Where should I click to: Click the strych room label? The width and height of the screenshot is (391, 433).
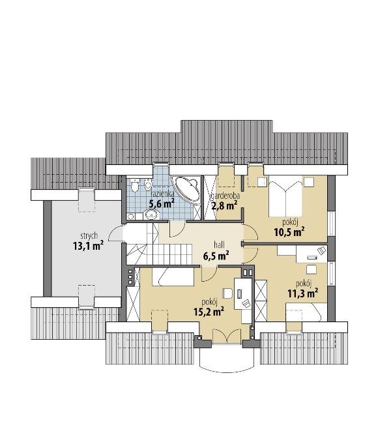point(89,236)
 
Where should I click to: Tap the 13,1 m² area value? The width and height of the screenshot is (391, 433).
point(88,245)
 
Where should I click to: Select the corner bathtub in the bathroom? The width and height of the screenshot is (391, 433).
point(186,189)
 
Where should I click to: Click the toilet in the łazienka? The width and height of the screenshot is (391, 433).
point(135,186)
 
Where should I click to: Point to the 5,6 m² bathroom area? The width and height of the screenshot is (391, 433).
point(162,203)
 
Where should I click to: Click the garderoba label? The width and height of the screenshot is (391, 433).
point(225,196)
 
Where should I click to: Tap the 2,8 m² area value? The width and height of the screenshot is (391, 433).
point(225,205)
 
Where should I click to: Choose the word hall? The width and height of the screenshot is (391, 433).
point(219,245)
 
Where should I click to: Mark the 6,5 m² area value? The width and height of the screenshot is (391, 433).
point(216,256)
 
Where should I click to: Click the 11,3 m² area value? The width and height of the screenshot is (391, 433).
point(303,293)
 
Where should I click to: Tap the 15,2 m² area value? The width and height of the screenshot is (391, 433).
point(209,312)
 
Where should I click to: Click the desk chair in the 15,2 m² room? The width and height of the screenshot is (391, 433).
point(227,293)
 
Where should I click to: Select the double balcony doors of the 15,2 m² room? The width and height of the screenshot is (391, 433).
point(227,336)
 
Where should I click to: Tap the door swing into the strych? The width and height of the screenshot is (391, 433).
point(116,233)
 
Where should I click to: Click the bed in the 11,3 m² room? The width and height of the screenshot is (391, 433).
point(304,312)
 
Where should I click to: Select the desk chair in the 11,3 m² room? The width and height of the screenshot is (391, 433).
point(311,269)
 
